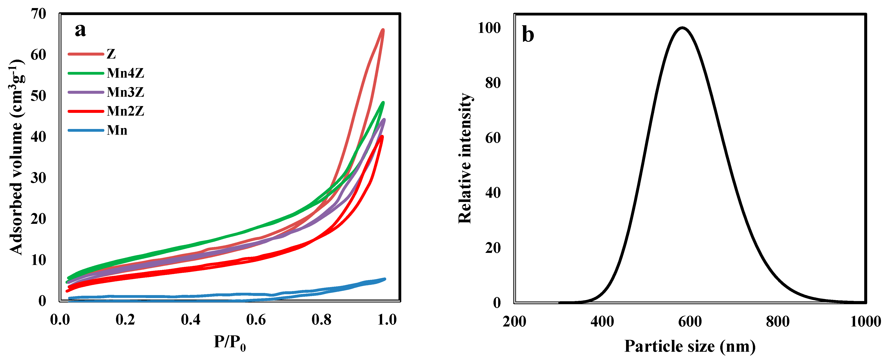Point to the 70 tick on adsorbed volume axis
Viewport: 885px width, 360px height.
pos(38,14)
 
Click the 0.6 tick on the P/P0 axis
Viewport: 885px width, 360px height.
pos(256,320)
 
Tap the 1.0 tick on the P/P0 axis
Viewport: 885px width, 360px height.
pos(387,320)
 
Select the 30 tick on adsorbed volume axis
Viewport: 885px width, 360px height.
pos(38,178)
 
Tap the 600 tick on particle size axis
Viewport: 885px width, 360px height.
pos(690,322)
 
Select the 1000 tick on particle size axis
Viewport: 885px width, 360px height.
pos(865,322)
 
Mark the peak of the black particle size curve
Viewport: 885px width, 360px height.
pos(682,28)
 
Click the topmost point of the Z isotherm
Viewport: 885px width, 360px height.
pos(383,30)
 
